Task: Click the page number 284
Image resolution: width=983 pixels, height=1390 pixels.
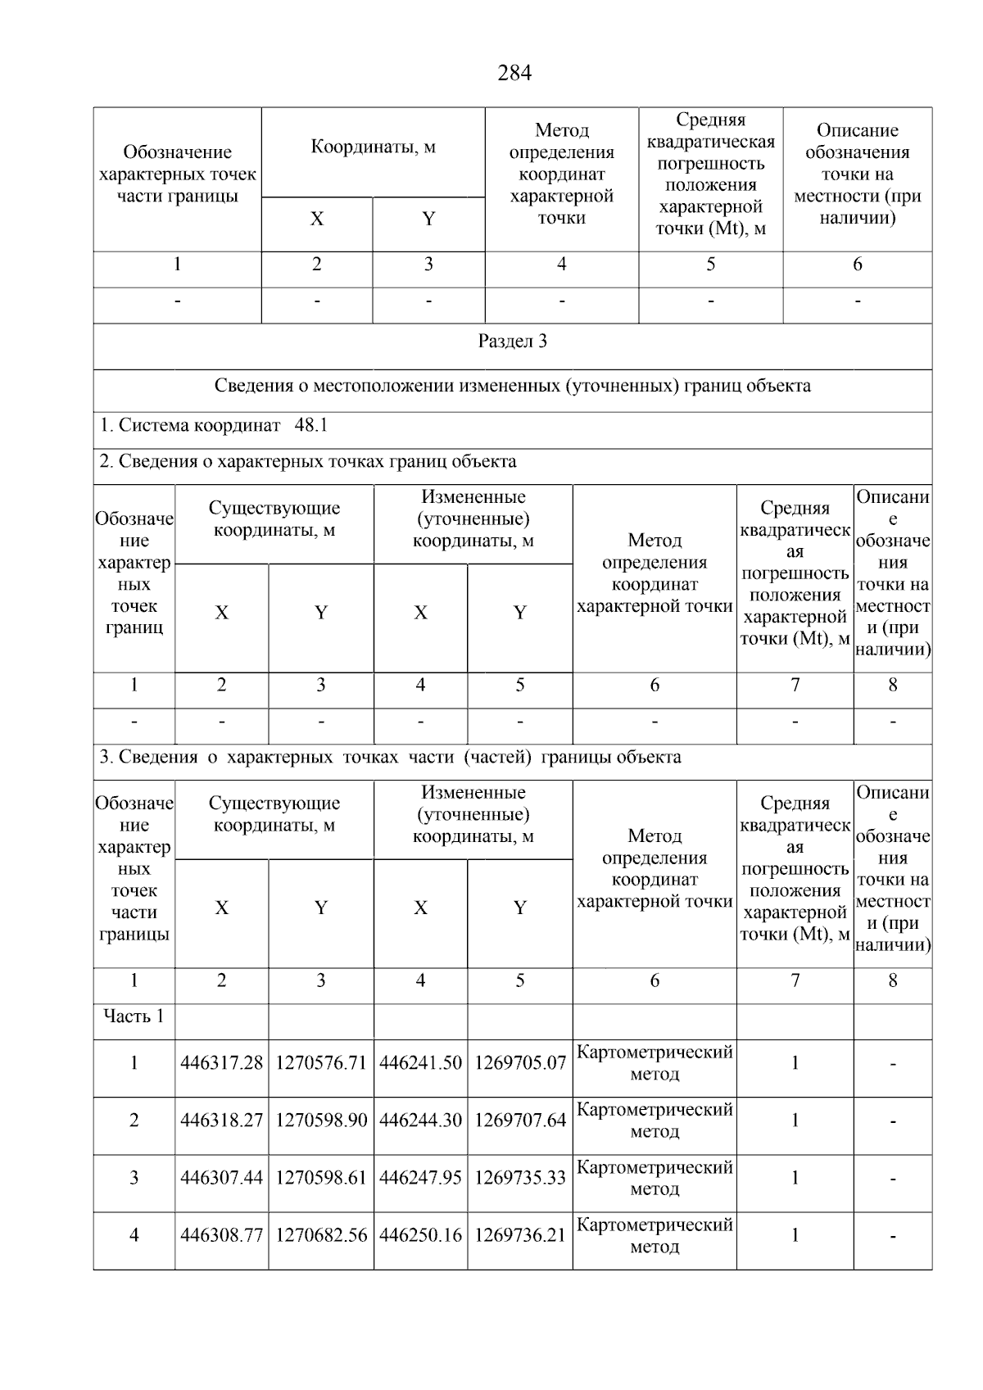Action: pos(514,74)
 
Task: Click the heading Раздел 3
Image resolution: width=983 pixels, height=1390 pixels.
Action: pos(512,342)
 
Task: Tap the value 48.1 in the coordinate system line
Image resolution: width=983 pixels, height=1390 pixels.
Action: pos(310,426)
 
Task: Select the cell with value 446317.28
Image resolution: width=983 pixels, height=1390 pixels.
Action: pos(221,1063)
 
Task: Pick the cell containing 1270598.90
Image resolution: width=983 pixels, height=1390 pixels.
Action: pos(321,1121)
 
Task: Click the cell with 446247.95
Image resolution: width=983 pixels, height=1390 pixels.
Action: pos(420,1178)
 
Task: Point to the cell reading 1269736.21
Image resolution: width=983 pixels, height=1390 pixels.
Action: pos(520,1235)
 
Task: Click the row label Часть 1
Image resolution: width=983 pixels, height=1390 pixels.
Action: pos(134,1016)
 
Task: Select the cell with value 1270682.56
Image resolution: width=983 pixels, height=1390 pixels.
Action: pos(321,1235)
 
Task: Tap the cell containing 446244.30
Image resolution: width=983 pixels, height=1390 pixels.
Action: pos(420,1121)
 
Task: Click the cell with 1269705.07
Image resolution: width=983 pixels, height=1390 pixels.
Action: pos(520,1063)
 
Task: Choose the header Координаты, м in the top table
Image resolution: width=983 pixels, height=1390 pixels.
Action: pos(373,147)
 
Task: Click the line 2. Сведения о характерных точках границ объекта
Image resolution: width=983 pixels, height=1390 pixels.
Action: pos(308,461)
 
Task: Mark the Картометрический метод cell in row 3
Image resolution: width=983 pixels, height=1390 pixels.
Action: pos(655,1178)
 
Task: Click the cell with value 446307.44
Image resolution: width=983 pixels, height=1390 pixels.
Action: pos(221,1178)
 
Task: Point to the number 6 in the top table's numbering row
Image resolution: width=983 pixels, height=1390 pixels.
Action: pos(857,265)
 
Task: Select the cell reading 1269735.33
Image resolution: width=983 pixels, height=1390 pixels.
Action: pos(520,1178)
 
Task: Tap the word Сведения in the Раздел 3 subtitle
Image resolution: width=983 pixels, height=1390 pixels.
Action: pos(252,386)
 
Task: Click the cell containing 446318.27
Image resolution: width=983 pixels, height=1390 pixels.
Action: pos(221,1121)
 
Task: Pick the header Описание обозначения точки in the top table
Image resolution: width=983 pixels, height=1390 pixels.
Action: pos(857,174)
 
